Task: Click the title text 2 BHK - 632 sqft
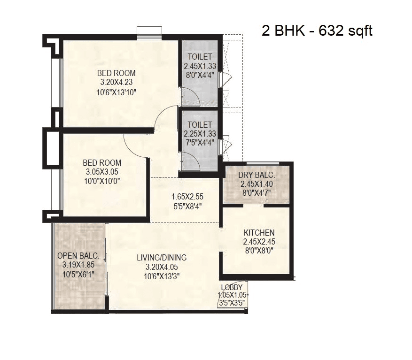coord(317,31)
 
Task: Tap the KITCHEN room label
coord(259,233)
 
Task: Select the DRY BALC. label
coord(257,175)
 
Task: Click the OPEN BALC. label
coord(78,256)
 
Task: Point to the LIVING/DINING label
coord(162,257)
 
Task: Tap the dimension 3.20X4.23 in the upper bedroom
coord(116,82)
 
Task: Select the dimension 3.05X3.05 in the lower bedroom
coord(101,172)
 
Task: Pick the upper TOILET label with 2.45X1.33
coord(200,57)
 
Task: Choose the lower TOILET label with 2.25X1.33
coord(200,125)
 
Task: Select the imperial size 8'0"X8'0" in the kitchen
coord(259,251)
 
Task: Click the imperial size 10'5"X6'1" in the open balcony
coord(78,274)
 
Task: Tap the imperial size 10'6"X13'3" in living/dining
coord(162,276)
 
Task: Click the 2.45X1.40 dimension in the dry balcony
coord(257,184)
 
